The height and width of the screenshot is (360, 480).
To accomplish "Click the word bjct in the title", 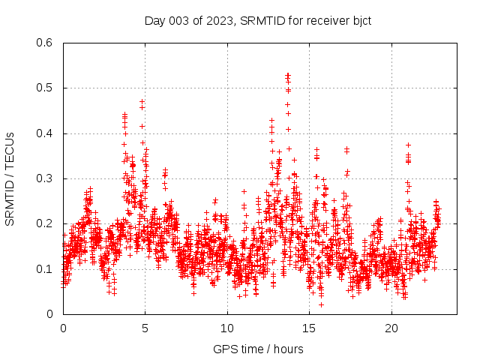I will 359,20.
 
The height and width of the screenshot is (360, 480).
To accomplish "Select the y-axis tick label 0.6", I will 46,43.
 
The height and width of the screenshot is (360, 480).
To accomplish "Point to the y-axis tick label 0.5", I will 46,88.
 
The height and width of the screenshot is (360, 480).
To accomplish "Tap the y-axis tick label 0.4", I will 46,133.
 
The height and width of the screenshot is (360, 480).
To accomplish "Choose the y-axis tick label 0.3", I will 46,178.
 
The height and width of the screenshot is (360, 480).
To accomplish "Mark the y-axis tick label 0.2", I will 46,223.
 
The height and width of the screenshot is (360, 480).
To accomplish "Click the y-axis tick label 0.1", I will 46,268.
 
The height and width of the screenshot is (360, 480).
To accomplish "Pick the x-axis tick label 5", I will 145,328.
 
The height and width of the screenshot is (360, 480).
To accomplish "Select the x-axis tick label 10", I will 227,328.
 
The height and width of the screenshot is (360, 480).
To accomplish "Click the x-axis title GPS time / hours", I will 258,349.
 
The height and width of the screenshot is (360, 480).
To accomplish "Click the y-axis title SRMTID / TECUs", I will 10,178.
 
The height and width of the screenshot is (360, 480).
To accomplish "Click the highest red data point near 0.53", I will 287,74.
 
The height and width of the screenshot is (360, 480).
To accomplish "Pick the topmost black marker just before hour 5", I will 142,101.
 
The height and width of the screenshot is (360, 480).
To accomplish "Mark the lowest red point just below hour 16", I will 321,304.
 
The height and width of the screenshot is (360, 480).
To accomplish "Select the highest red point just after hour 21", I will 409,145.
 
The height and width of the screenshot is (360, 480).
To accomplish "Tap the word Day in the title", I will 154,20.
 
